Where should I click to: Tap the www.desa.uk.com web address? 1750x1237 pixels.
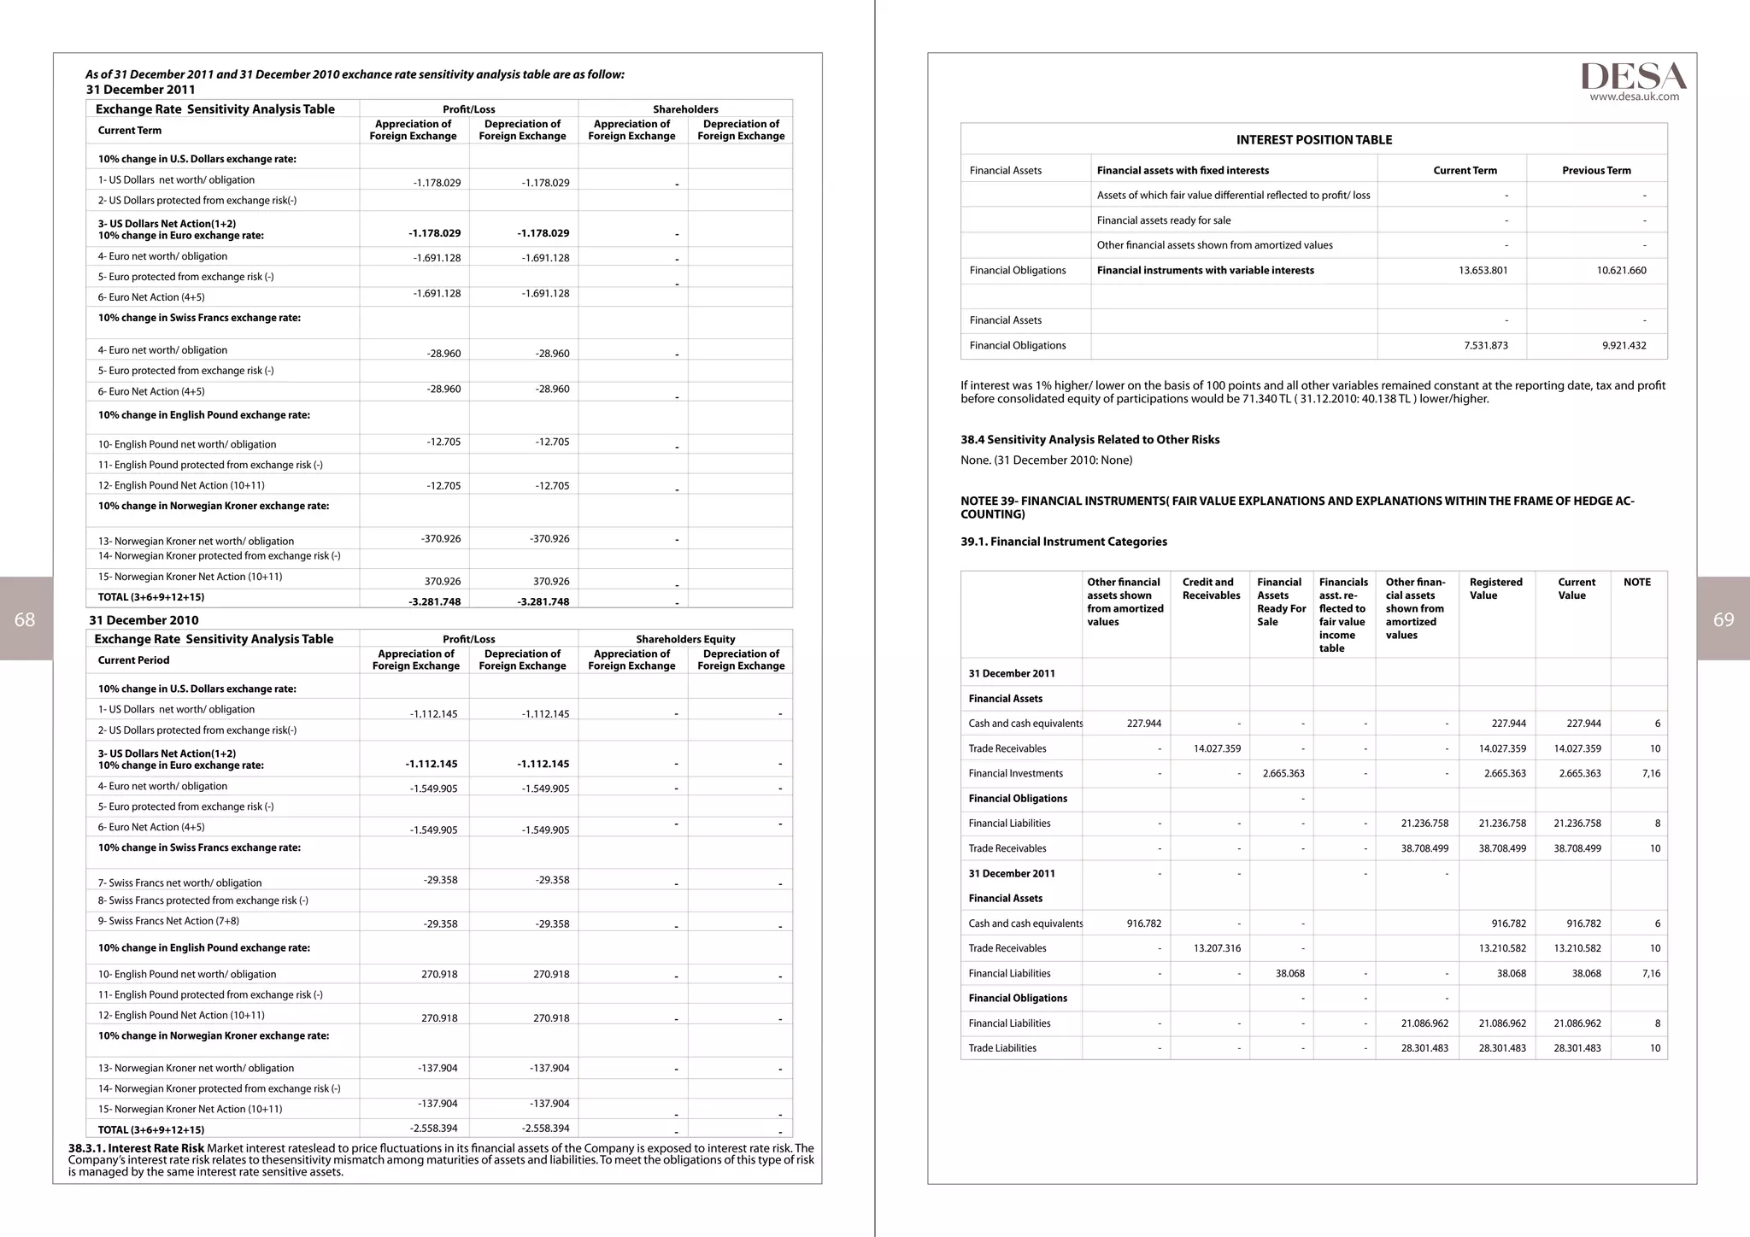(1634, 97)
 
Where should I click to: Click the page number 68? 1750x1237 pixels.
(25, 619)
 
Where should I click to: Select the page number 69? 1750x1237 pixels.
(1724, 619)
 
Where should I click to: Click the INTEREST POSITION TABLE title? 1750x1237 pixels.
(1313, 139)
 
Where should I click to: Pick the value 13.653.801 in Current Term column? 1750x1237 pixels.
(1483, 270)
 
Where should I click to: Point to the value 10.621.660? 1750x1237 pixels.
(1621, 270)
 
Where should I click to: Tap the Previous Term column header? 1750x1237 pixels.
(1596, 170)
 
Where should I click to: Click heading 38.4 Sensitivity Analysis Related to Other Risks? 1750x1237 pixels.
(1089, 439)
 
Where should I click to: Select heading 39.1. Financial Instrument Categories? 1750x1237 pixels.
(1063, 542)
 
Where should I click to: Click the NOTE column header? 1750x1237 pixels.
(1636, 582)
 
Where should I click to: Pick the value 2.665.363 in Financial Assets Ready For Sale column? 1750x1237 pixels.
(1283, 773)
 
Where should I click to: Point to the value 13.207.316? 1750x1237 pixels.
(1217, 948)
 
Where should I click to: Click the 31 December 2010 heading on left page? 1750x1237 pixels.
(144, 620)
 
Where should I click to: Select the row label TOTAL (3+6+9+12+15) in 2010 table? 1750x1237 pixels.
(150, 1129)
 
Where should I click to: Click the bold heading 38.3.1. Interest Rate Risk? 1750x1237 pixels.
(136, 1148)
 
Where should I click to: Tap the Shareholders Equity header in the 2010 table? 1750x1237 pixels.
(684, 639)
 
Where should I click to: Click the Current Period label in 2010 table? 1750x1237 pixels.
(133, 660)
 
